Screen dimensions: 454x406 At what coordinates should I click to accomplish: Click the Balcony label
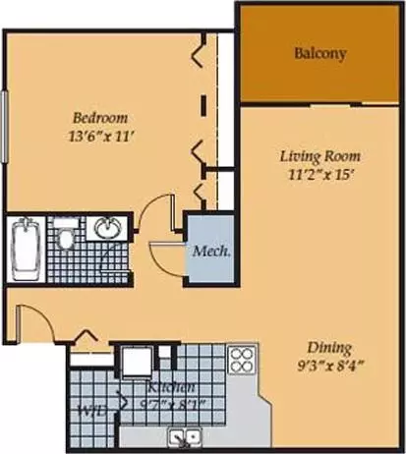tap(320, 53)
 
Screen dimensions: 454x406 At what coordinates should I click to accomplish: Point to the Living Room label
tap(319, 156)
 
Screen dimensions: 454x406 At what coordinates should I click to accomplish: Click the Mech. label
tap(212, 251)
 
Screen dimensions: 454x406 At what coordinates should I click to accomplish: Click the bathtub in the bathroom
tap(24, 250)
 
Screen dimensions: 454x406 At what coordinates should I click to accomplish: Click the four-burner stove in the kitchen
tap(242, 360)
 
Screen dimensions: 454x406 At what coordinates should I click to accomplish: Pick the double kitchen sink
tap(184, 435)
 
